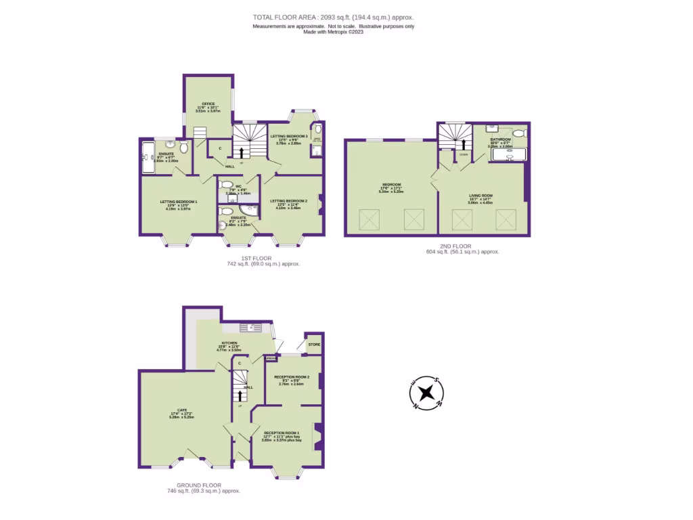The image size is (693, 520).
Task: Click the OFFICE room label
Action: tap(208, 104)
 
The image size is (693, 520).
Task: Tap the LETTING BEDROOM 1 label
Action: tap(179, 202)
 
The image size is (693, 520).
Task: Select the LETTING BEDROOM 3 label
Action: tap(289, 136)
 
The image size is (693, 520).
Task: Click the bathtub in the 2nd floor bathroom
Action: tap(508, 156)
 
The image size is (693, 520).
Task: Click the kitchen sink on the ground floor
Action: tap(255, 328)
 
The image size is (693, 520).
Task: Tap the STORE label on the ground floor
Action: tap(314, 345)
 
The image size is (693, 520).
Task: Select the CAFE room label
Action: tap(182, 410)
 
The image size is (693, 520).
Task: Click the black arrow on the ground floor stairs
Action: tap(240, 395)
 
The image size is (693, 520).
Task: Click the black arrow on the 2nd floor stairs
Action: tap(463, 143)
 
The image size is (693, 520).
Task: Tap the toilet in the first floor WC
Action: tap(227, 185)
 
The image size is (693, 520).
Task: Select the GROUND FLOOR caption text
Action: tap(199, 485)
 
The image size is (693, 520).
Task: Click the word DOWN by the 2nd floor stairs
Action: tap(463, 154)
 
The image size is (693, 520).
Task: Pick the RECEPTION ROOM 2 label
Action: tap(292, 376)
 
